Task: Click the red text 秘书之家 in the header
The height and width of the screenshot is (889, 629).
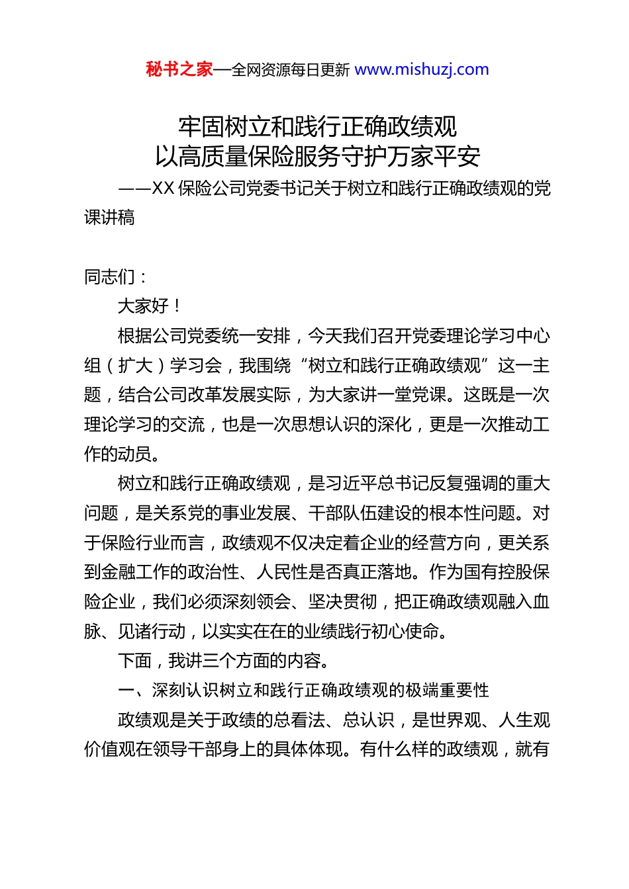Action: coord(179,69)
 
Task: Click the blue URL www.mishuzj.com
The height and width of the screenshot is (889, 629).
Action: coord(422,69)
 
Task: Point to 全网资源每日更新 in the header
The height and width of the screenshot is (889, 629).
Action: coord(291,70)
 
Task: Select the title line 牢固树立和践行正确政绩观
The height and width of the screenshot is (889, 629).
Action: coord(317,126)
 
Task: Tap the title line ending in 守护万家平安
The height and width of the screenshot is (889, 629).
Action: coord(317,157)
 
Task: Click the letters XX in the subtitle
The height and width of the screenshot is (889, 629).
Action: coord(163,189)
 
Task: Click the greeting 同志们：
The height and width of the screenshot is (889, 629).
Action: coord(116,277)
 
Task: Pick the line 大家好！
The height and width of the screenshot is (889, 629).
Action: coord(150,306)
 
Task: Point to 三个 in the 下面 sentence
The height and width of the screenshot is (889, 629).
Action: coord(212,661)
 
